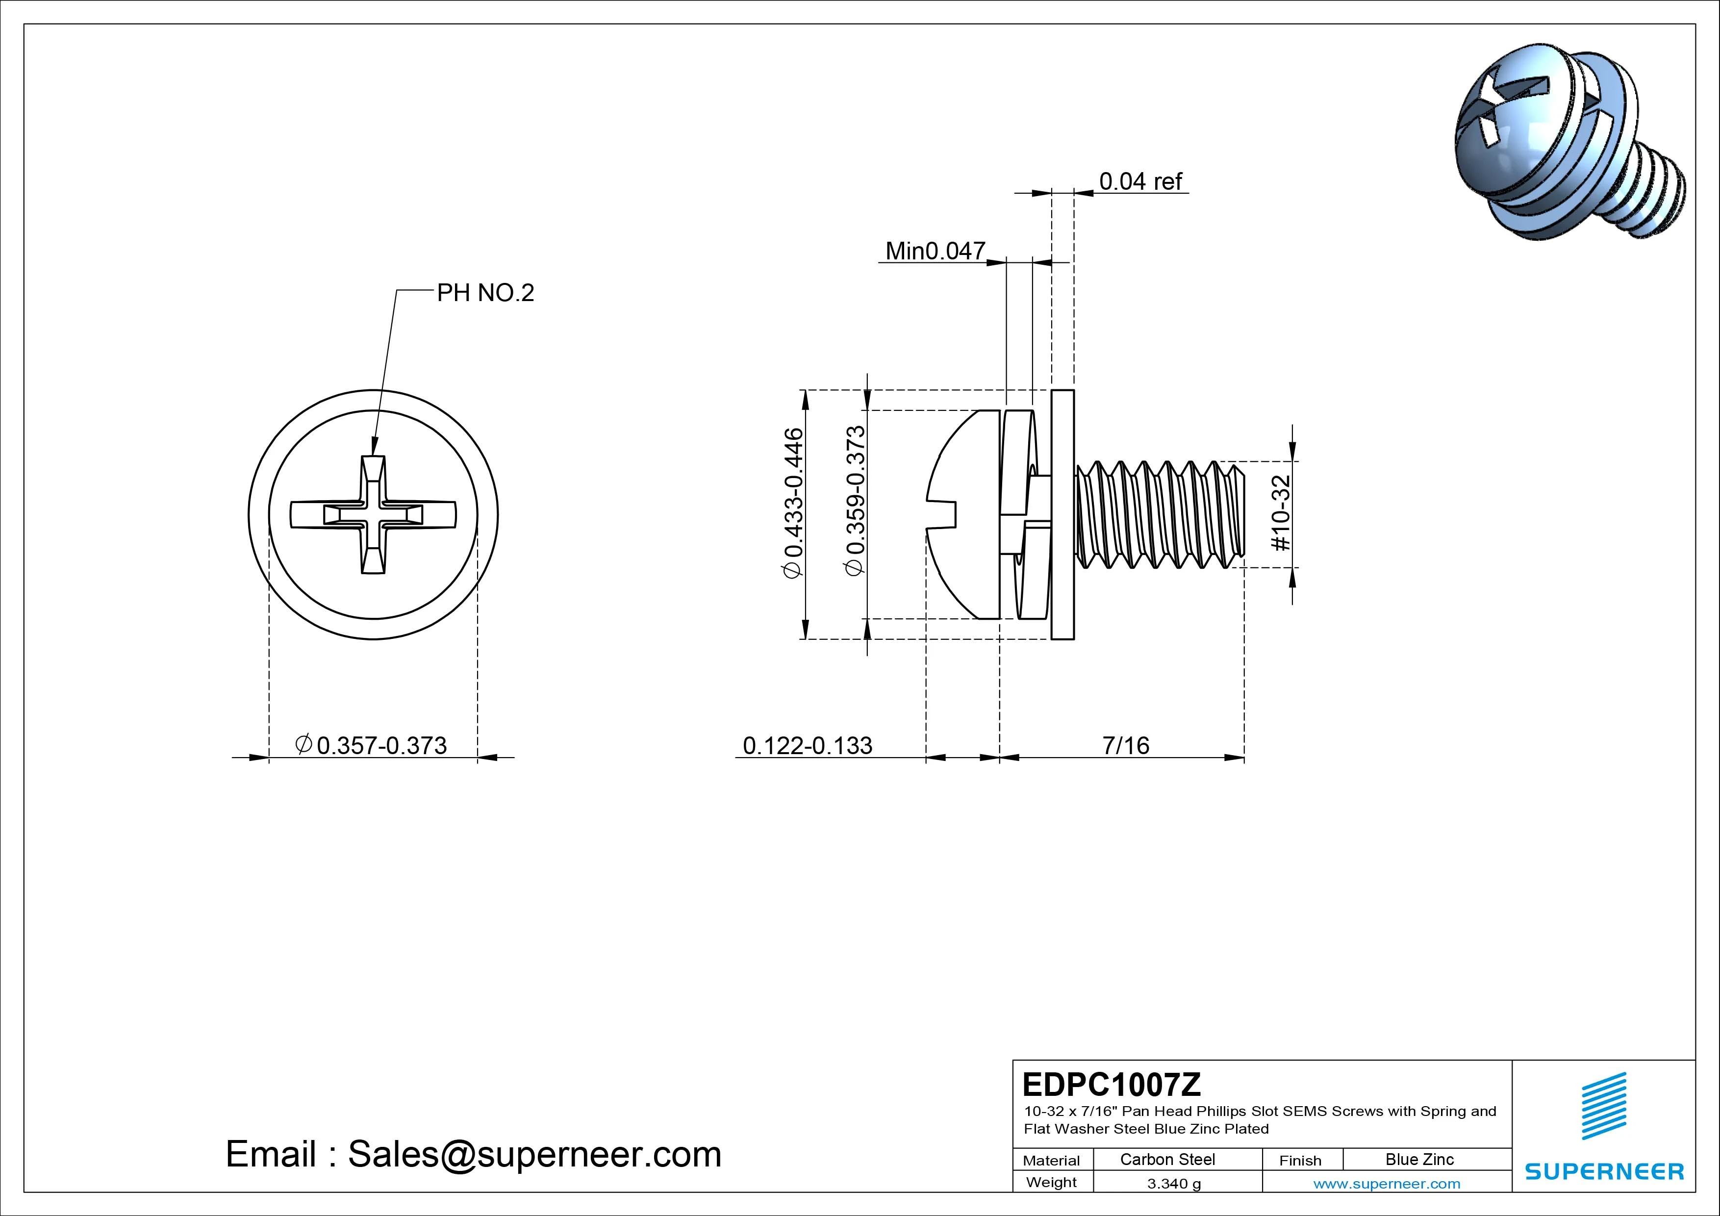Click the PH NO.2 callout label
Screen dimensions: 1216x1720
tap(485, 293)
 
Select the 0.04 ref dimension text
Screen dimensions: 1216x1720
tap(1140, 181)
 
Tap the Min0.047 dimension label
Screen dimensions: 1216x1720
tap(935, 251)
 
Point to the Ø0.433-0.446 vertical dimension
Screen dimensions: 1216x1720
tap(792, 503)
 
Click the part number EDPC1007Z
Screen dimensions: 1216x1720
tap(1112, 1084)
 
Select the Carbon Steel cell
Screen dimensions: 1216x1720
tap(1167, 1159)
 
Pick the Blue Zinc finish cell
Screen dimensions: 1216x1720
tap(1419, 1159)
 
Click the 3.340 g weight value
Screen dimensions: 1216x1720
tap(1174, 1184)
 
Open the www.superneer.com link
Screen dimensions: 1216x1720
tap(1387, 1184)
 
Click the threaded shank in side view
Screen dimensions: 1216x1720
tap(1160, 513)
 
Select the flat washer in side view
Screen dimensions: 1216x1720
tap(1062, 515)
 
